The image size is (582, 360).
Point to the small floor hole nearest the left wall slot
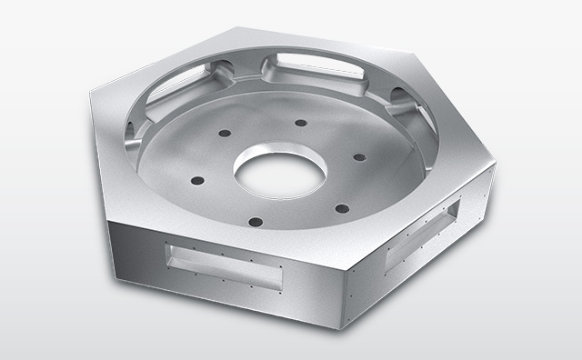(222, 133)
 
